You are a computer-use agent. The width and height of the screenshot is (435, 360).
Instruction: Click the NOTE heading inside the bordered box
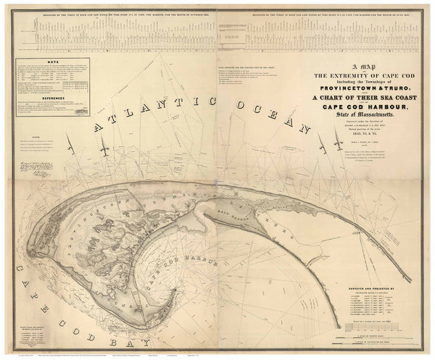point(50,63)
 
